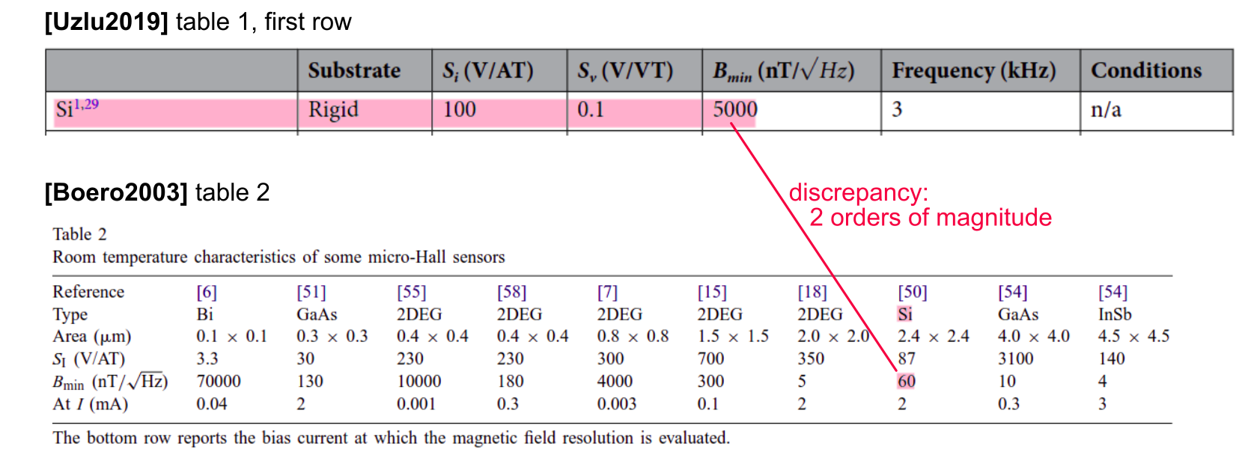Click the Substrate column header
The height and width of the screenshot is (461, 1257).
pyautogui.click(x=354, y=70)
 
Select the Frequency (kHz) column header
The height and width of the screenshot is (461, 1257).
pyautogui.click(x=973, y=70)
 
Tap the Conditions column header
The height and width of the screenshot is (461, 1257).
pyautogui.click(x=1145, y=70)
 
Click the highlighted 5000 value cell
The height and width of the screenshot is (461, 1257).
pyautogui.click(x=734, y=110)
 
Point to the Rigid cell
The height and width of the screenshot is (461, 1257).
pyautogui.click(x=333, y=110)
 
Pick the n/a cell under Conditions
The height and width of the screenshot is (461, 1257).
pyautogui.click(x=1106, y=110)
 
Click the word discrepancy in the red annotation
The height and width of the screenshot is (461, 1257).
pyautogui.click(x=858, y=192)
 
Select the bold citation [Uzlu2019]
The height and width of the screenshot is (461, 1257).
pyautogui.click(x=106, y=22)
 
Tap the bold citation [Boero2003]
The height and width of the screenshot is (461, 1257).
pyautogui.click(x=116, y=192)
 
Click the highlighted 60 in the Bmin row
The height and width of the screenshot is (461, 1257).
pyautogui.click(x=906, y=381)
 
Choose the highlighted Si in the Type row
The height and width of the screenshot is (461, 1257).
pyautogui.click(x=904, y=314)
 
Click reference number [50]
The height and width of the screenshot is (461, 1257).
pyautogui.click(x=912, y=292)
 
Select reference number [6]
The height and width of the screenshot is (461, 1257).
pyautogui.click(x=207, y=292)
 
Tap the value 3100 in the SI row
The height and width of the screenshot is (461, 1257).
pyautogui.click(x=1015, y=358)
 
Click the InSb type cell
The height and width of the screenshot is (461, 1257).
pyautogui.click(x=1115, y=314)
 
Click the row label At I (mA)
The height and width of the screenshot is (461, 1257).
pyautogui.click(x=90, y=404)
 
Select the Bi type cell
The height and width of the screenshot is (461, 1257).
pyautogui.click(x=204, y=314)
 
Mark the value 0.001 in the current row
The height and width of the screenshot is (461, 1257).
pyautogui.click(x=416, y=404)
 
